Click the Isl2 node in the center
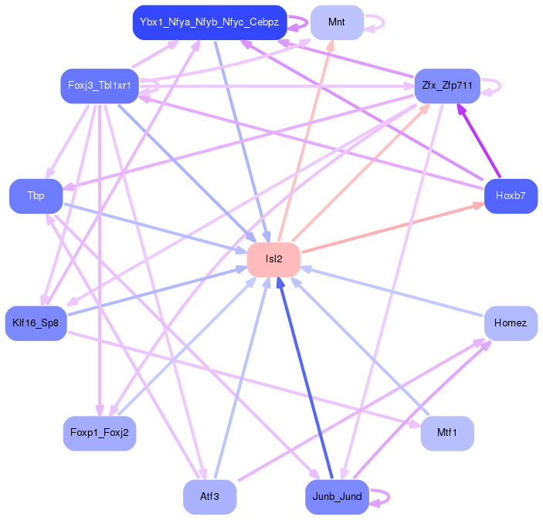pyautogui.click(x=273, y=259)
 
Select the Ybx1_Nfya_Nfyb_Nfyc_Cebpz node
pyautogui.click(x=210, y=22)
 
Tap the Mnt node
pyautogui.click(x=337, y=22)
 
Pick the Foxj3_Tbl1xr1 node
pyautogui.click(x=100, y=86)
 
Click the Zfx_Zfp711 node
pyautogui.click(x=447, y=86)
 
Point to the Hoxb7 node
pyautogui.click(x=511, y=196)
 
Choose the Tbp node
pyautogui.click(x=36, y=196)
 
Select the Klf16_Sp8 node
pyautogui.click(x=36, y=323)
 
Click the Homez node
pyautogui.click(x=511, y=323)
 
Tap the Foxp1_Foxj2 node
pyautogui.click(x=100, y=433)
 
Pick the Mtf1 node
pyautogui.click(x=447, y=433)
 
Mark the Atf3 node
pyautogui.click(x=210, y=497)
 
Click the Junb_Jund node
pyautogui.click(x=337, y=497)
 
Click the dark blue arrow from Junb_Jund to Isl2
pyautogui.click(x=305, y=378)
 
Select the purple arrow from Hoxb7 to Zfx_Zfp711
pyautogui.click(x=479, y=140)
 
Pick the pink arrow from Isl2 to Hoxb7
pyautogui.click(x=392, y=228)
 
